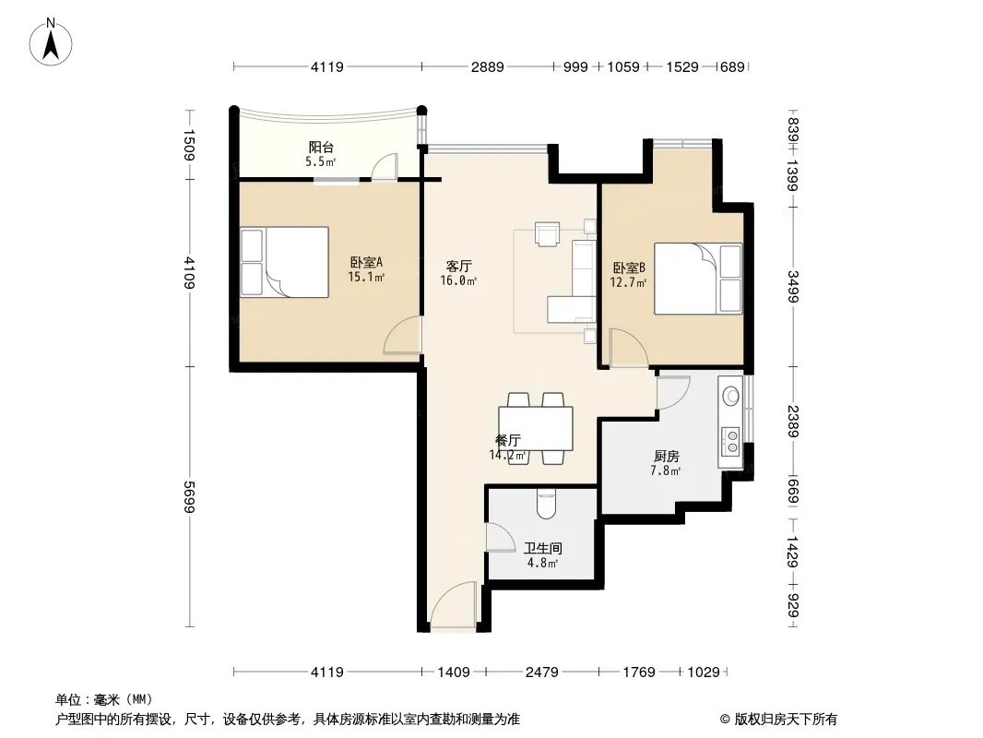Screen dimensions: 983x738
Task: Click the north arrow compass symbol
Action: [x=51, y=42]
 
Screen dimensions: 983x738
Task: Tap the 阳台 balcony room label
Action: [x=321, y=148]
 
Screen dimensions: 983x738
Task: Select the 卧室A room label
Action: [x=366, y=263]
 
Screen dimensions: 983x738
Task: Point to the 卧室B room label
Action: [x=629, y=268]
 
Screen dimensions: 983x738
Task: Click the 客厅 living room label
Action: [x=459, y=267]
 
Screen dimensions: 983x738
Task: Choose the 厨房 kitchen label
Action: [x=666, y=456]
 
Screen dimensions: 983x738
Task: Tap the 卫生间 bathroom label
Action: [x=543, y=548]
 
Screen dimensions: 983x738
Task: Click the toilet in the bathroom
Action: [x=547, y=504]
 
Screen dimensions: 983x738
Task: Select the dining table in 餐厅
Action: [x=536, y=428]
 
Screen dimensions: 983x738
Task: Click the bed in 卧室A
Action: [x=285, y=262]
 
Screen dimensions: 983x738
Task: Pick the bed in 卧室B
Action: [x=698, y=279]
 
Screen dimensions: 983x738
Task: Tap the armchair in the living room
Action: [x=548, y=233]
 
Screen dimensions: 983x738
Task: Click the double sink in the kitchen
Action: [x=730, y=439]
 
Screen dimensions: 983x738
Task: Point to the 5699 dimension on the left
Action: [x=189, y=496]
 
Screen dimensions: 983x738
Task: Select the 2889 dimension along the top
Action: [x=488, y=66]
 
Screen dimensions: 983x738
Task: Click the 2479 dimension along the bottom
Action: [x=542, y=673]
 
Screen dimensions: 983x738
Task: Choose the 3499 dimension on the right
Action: [x=793, y=286]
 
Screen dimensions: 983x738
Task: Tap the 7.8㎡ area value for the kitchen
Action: [x=666, y=470]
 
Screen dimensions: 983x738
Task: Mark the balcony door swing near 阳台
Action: [x=384, y=167]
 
